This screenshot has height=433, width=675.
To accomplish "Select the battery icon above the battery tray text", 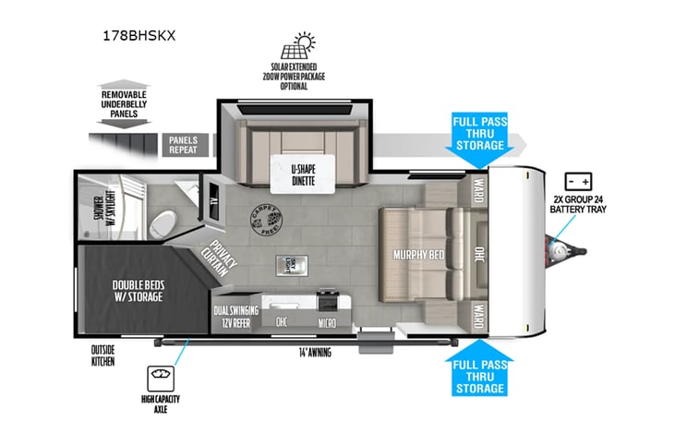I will pos(578,181).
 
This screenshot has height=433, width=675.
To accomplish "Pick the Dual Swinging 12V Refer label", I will pos(234,318).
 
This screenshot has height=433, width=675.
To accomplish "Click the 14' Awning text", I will pos(314,352).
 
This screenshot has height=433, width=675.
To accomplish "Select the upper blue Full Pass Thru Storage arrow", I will pos(478,138).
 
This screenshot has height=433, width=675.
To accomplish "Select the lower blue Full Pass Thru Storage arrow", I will pos(478,369).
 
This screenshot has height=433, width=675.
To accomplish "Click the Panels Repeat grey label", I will pos(183,144).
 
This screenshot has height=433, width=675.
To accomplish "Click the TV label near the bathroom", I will pos(213,203).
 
